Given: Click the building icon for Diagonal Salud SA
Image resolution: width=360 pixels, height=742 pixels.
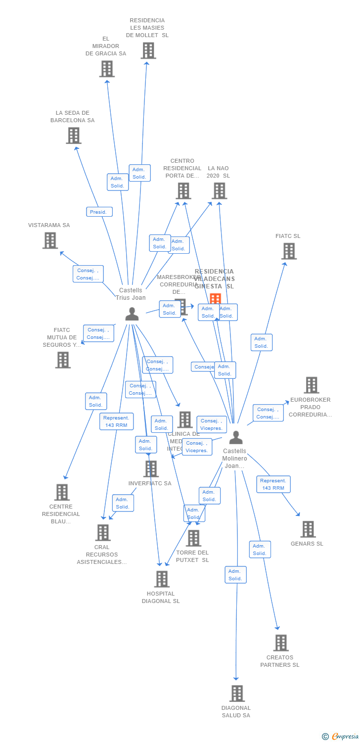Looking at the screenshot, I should (237, 694).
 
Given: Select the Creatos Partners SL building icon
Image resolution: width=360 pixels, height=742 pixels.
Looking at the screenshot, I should (280, 643).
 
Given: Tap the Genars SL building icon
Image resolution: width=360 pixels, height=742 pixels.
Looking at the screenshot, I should (308, 529).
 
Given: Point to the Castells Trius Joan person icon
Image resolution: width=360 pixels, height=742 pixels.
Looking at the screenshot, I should (132, 314).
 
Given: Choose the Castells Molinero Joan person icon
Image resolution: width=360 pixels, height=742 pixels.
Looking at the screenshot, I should (236, 437).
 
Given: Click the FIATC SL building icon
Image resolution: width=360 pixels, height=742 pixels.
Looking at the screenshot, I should (288, 251).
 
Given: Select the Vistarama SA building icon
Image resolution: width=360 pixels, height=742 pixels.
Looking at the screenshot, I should (50, 240).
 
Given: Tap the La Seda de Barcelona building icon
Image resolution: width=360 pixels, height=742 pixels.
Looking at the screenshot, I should (73, 136).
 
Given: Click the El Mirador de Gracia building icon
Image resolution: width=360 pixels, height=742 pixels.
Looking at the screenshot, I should (106, 69).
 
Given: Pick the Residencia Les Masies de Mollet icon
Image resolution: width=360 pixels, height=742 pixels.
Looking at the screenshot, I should (148, 50).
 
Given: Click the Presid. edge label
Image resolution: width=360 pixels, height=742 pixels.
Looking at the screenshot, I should (99, 212).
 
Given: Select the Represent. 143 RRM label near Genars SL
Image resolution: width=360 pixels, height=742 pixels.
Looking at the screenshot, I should (273, 484).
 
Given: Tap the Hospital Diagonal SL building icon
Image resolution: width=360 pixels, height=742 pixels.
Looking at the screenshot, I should (161, 579).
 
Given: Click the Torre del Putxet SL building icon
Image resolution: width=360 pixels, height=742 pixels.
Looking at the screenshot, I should (193, 538).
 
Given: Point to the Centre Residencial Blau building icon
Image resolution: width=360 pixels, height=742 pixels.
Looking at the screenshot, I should (62, 492).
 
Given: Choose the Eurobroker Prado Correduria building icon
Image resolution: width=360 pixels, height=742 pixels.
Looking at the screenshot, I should (311, 385).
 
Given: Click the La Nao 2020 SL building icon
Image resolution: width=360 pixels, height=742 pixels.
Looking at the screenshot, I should (219, 190).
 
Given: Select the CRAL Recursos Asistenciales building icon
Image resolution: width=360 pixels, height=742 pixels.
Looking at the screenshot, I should (102, 532).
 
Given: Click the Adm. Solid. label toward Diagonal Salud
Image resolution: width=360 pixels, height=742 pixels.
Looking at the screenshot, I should (235, 575).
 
